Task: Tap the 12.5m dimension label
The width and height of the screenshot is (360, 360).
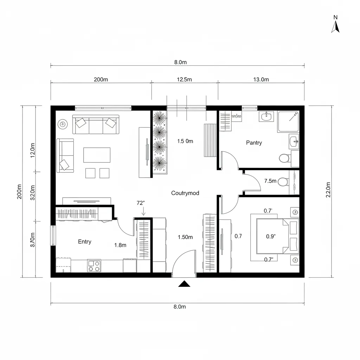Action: coord(185,79)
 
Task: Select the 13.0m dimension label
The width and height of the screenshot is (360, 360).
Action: coord(261,79)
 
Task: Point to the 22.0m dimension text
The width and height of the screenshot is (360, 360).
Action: coord(328,190)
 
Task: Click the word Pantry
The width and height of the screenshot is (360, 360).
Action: coord(254,143)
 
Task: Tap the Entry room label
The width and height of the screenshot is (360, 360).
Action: coord(84,242)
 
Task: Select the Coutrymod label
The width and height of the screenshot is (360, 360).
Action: coord(185,193)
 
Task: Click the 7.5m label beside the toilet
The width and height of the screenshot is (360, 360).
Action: coord(270,181)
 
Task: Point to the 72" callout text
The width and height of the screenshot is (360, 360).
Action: coord(141,203)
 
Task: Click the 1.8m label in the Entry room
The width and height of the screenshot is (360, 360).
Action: coord(120,245)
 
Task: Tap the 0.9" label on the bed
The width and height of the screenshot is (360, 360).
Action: coord(270,237)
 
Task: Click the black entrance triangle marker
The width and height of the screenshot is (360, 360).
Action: coord(184,284)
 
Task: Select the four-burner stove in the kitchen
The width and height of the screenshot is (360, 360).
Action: coord(94,265)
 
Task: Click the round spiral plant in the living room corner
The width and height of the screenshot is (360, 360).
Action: coord(63,124)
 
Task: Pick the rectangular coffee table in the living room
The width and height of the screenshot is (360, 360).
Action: coord(97,155)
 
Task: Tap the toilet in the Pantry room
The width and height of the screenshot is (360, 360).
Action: coord(284,158)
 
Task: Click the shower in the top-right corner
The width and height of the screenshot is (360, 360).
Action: coord(288,121)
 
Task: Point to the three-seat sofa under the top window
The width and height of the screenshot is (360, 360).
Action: coord(96,124)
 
